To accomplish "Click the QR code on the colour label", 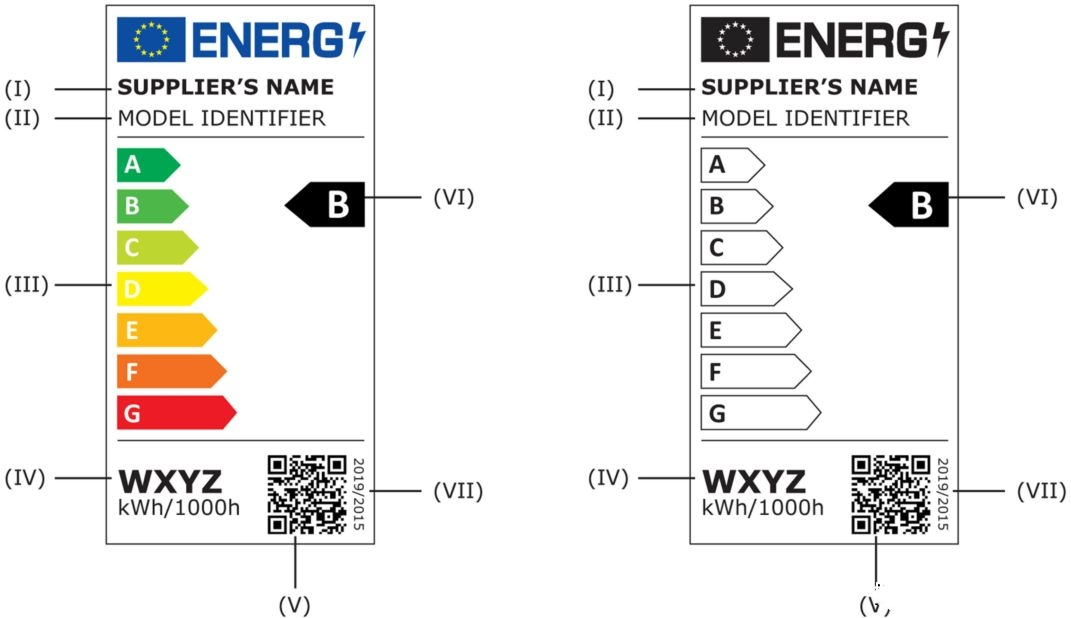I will (x=307, y=494).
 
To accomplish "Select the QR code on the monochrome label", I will (x=891, y=494).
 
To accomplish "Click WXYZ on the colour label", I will (x=170, y=481).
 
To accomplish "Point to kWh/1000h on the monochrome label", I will (x=763, y=507).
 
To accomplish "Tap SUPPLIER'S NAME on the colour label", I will (x=226, y=87).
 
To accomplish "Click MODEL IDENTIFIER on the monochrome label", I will (x=806, y=118).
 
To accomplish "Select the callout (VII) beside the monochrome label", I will (x=1040, y=491).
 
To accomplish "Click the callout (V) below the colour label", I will (x=295, y=604).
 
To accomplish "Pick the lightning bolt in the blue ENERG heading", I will (x=357, y=39).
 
